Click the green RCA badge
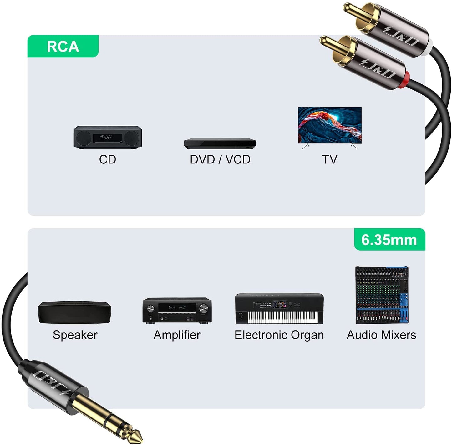[63, 46]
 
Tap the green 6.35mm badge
[389, 239]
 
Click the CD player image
[108, 137]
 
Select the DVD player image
[220, 143]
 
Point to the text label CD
[108, 160]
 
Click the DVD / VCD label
[220, 160]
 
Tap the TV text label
[330, 160]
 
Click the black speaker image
[74, 313]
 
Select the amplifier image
[177, 311]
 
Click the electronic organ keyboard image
[279, 309]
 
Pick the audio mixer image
[382, 295]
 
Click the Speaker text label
[75, 335]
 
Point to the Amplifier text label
[177, 335]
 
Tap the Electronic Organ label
[279, 335]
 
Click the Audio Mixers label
[382, 335]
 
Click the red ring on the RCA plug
[404, 80]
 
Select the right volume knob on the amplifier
[204, 308]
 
